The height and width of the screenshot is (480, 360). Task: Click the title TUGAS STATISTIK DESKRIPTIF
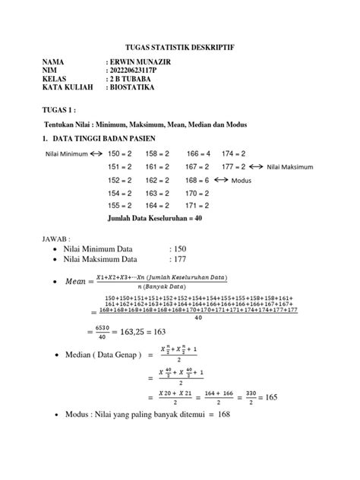[180, 47]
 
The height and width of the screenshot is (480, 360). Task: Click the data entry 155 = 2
[120, 205]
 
